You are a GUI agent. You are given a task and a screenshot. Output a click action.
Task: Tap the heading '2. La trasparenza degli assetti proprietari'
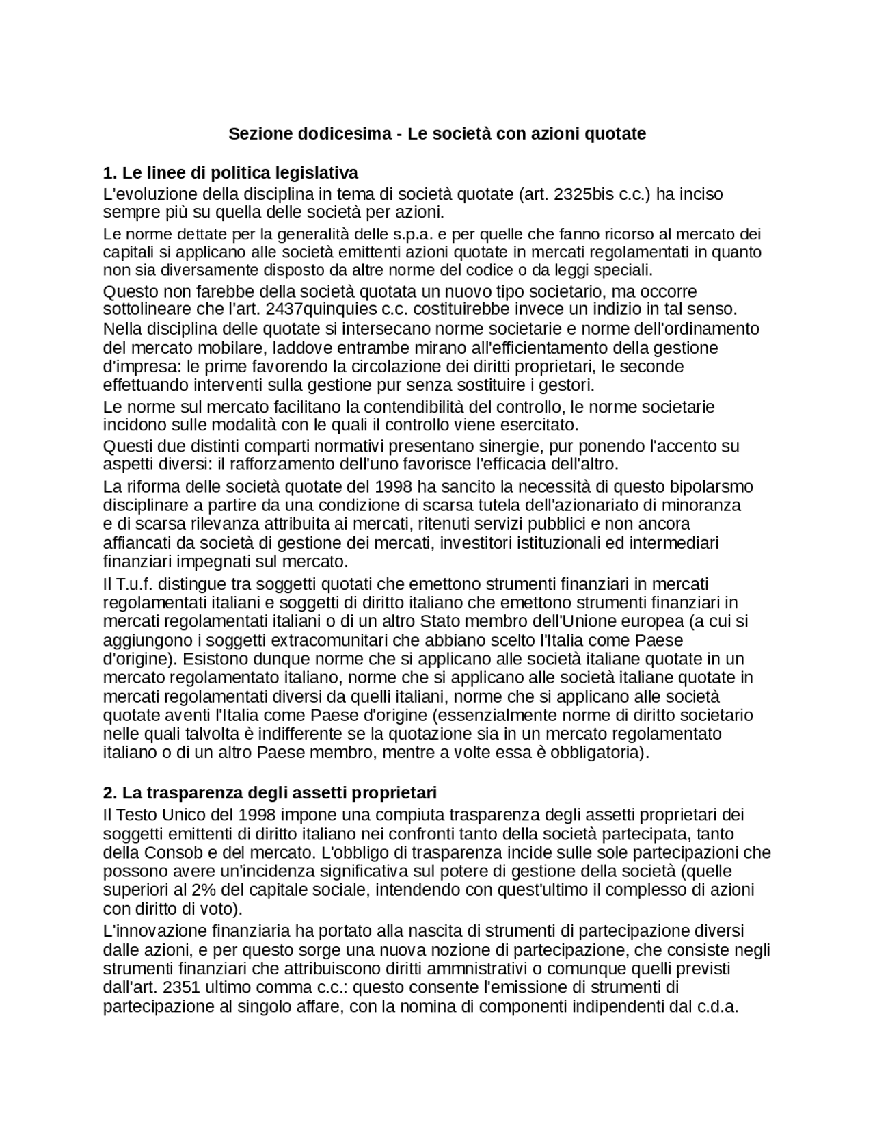click(269, 792)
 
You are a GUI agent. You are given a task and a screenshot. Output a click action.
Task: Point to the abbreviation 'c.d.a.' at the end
click(718, 1007)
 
